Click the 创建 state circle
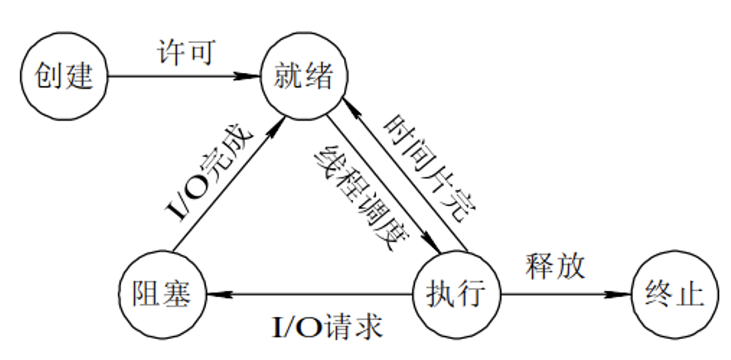(x=65, y=76)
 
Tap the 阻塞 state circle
(x=161, y=294)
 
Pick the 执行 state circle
(x=457, y=294)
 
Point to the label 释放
(x=556, y=266)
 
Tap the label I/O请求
(x=328, y=328)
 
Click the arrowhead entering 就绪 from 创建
(x=252, y=76)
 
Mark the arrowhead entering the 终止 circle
(x=620, y=295)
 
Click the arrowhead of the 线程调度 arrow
(x=432, y=245)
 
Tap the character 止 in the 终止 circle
(x=689, y=295)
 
